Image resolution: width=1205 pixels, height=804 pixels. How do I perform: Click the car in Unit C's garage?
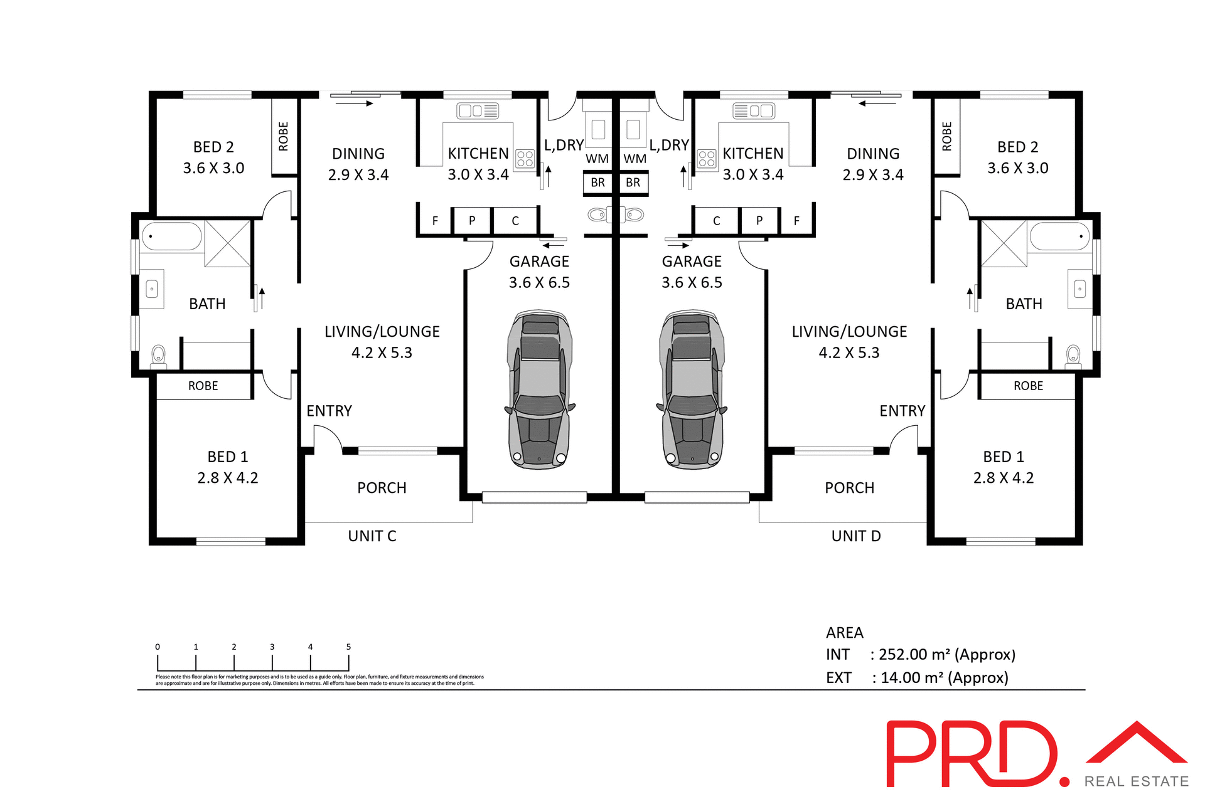(x=540, y=389)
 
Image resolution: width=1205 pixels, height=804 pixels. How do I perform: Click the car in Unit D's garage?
(x=692, y=389)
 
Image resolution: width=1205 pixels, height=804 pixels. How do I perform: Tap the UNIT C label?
(x=372, y=536)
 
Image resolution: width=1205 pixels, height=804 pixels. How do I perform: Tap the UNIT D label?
(x=856, y=536)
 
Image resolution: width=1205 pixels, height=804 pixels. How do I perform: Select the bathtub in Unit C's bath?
(x=171, y=237)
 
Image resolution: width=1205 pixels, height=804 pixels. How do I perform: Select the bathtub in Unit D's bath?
(x=1060, y=237)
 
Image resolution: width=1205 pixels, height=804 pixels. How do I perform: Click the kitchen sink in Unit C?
(x=478, y=111)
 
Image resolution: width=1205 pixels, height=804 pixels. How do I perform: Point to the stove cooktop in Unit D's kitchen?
(x=707, y=159)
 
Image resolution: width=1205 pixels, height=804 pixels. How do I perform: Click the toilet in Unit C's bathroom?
(x=159, y=356)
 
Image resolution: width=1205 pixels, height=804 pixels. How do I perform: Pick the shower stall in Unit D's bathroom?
(x=1004, y=244)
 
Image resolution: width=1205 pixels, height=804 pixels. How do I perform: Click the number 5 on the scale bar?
(x=348, y=647)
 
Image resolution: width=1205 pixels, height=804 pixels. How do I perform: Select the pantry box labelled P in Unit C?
(x=472, y=221)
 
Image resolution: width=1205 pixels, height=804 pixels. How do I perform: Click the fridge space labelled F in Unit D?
(x=796, y=221)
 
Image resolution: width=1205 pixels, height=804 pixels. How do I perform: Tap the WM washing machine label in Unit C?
(x=597, y=159)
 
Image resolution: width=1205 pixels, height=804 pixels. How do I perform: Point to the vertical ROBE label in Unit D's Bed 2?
(x=947, y=136)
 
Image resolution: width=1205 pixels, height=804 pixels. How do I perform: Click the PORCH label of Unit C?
(x=382, y=488)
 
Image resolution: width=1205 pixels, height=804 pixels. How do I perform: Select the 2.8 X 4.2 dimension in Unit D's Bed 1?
(x=1003, y=478)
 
